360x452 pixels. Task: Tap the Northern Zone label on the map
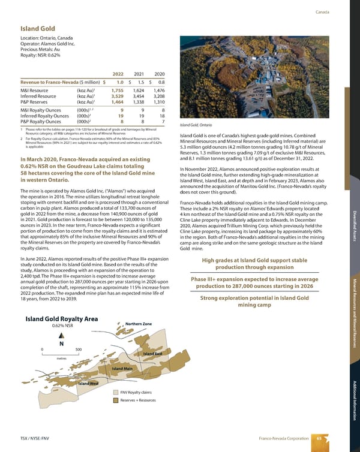pos(139,324)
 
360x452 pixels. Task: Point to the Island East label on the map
pos(153,354)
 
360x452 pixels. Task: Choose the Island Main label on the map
pos(122,368)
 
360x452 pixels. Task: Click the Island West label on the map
pos(89,383)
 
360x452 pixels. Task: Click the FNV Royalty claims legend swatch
pos(115,393)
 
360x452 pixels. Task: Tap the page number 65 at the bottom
pos(319,439)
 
